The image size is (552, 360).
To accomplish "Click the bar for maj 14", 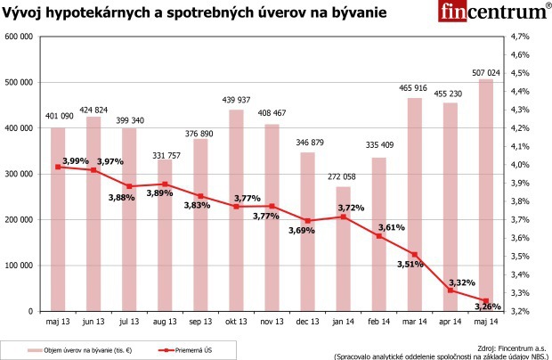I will (485, 195).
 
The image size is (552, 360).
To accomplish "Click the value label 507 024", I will (485, 72).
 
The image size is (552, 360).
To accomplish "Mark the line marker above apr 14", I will (451, 290).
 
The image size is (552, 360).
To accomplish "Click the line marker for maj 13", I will (58, 167).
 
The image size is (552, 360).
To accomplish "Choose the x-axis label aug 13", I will (165, 321).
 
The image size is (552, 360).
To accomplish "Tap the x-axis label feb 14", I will (378, 321).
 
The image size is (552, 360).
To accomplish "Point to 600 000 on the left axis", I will (19, 37).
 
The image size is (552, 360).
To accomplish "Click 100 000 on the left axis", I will (19, 266).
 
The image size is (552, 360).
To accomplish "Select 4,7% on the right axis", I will (520, 37).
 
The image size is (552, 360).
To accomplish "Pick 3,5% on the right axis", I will (520, 257).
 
